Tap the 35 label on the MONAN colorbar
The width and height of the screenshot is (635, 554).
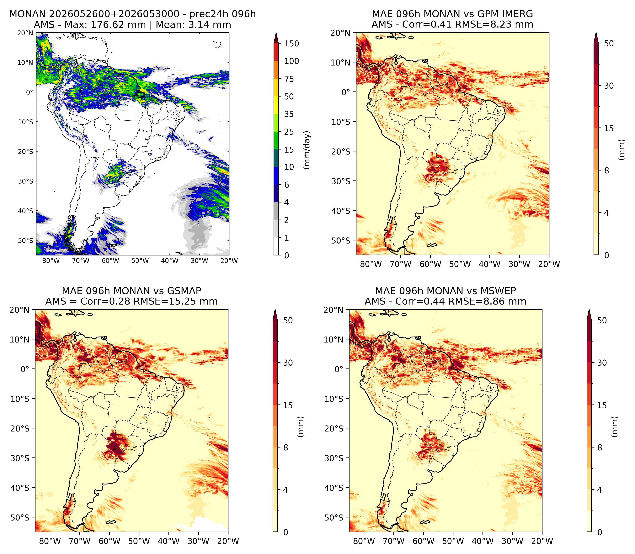click(289, 114)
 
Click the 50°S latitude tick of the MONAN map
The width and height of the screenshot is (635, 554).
click(25, 241)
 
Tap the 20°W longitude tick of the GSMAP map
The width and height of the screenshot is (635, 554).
click(228, 541)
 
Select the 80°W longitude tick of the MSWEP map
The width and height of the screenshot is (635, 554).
click(364, 541)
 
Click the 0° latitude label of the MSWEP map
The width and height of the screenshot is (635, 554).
click(339, 369)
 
